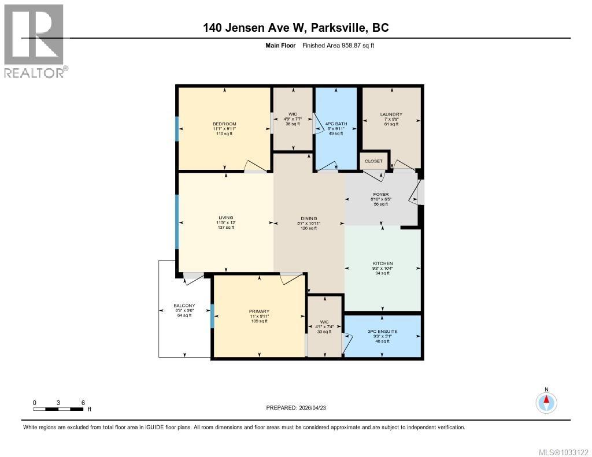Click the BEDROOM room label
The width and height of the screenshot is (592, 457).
224,124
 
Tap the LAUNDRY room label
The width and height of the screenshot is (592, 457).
391,114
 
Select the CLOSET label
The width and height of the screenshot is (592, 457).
373,161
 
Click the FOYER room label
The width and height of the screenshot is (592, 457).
380,194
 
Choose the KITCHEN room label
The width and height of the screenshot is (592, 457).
382,263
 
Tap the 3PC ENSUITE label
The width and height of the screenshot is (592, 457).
382,331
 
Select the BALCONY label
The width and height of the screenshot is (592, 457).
184,306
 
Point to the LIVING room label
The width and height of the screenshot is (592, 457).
225,218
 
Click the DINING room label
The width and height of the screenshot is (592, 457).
309,218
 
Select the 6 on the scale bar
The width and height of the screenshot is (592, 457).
83,402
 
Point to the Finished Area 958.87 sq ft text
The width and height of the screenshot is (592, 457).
338,45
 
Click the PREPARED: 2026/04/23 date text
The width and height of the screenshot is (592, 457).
299,407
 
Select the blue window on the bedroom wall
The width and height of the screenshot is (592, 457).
177,129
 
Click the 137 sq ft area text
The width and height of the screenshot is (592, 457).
225,228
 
